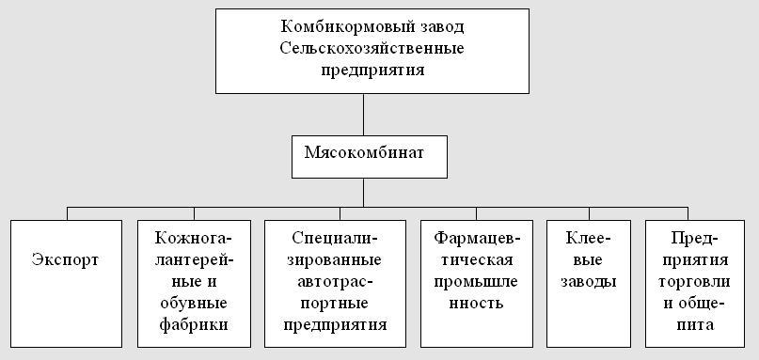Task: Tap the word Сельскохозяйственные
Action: (x=372, y=48)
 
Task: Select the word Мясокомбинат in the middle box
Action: (x=364, y=153)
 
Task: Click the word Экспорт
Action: (x=65, y=259)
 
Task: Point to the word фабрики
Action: (x=194, y=324)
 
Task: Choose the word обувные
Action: (x=194, y=303)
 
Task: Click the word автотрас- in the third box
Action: (x=335, y=281)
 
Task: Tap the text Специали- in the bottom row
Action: (x=335, y=238)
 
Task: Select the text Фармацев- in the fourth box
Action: (x=476, y=238)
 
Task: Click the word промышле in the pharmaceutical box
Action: (x=476, y=281)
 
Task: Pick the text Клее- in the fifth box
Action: (x=588, y=238)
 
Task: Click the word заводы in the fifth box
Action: (x=588, y=281)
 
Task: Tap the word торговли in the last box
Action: (x=694, y=281)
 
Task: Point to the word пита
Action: (x=694, y=324)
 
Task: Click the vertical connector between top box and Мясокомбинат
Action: (x=364, y=115)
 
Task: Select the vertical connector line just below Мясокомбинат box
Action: (x=364, y=193)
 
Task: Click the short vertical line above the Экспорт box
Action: (x=68, y=214)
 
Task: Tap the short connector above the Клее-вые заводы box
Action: (x=589, y=214)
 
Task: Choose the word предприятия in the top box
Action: (x=372, y=70)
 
